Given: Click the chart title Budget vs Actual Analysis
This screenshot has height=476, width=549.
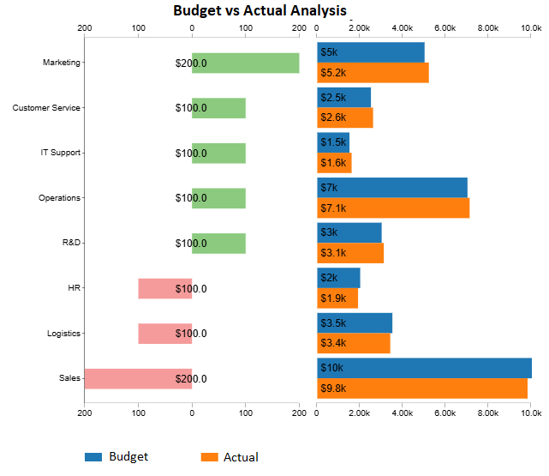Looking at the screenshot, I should [260, 11].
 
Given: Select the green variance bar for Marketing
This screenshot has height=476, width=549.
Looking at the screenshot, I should [246, 63].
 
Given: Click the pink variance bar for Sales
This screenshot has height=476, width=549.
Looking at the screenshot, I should [138, 379].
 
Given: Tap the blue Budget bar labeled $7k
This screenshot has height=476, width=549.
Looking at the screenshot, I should [392, 188].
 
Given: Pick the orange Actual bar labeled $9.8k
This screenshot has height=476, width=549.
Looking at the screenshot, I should [422, 389].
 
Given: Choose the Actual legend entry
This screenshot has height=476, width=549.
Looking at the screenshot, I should [230, 457].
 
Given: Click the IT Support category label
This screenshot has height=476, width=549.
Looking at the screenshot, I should [61, 153].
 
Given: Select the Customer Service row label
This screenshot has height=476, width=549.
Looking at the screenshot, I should [47, 108].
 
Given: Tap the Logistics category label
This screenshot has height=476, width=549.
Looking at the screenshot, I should [63, 334].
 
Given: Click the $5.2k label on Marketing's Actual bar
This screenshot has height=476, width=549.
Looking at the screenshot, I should [333, 73].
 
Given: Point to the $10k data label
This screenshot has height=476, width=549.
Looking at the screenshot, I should [331, 368].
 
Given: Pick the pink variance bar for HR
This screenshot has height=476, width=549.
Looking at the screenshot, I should [164, 289].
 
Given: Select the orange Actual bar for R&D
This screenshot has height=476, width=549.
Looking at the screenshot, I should [350, 253].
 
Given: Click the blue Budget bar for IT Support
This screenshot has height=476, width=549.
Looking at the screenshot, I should [333, 142].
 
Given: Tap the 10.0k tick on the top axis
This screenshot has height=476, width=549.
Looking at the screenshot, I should [532, 28].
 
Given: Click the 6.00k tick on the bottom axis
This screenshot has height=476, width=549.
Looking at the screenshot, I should [445, 413].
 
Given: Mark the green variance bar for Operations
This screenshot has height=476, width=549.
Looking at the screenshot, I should [219, 198].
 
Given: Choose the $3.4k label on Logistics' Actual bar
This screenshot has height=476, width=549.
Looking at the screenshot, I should [333, 344].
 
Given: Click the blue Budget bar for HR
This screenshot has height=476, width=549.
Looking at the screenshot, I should [338, 278].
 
